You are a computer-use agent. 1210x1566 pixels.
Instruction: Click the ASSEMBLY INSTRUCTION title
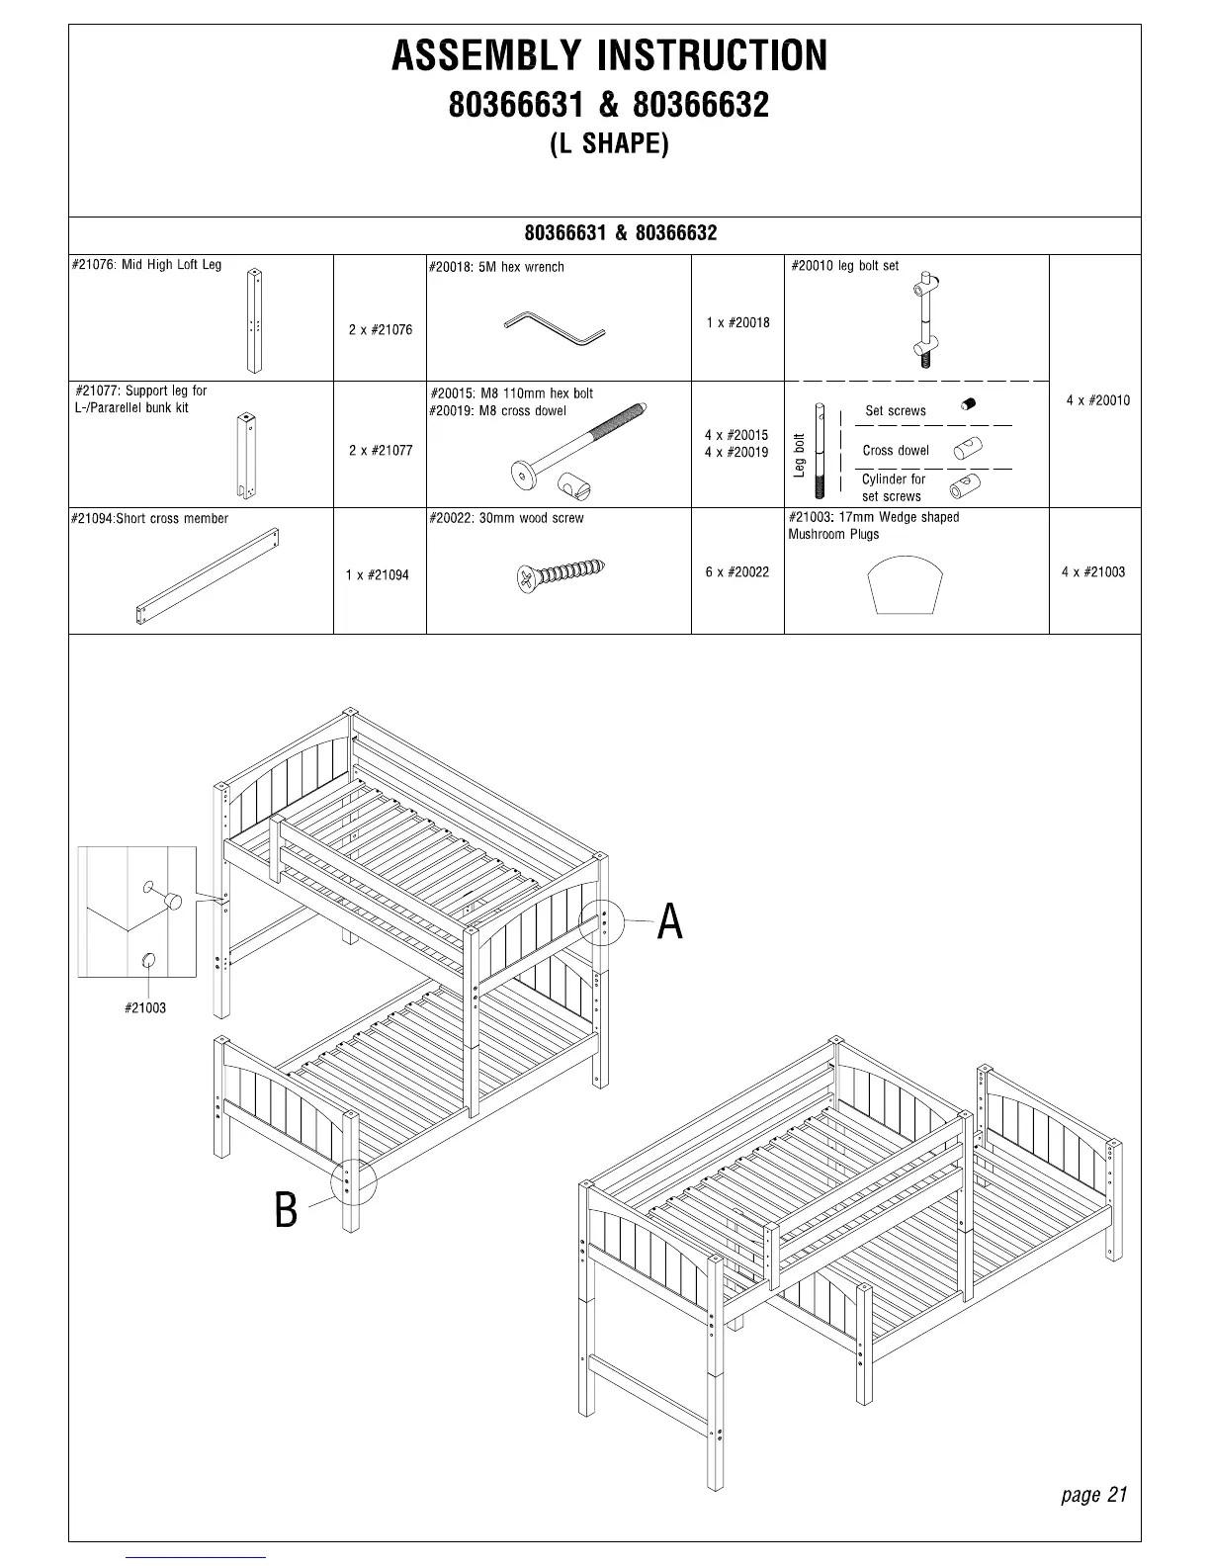coord(609,56)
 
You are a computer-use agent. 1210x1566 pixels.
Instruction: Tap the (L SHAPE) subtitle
coord(609,144)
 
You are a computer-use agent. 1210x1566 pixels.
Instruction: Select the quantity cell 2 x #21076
coord(380,330)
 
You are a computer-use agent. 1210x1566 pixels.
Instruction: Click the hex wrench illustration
coord(555,328)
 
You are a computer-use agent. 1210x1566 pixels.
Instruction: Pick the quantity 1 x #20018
coord(737,323)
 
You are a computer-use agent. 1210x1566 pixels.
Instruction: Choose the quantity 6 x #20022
coord(736,572)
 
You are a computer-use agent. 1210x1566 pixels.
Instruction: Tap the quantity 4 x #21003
coord(1093,572)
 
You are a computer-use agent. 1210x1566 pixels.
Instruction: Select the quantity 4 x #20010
coord(1097,400)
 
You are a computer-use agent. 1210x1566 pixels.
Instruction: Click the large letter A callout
coord(670,922)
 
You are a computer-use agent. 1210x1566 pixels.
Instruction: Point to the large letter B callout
coord(286,1209)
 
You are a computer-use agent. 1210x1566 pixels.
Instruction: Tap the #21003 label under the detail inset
coord(145,1008)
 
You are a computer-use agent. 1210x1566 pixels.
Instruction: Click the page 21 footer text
coord(1093,1494)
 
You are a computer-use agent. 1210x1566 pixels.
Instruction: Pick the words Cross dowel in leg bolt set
coord(895,451)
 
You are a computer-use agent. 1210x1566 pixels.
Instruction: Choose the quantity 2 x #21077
coord(380,451)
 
